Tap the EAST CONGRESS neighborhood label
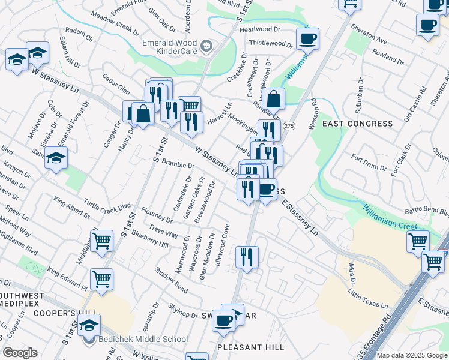pos(358,124)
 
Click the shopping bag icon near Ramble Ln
pos(273,99)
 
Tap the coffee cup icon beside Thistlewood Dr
pos(307,39)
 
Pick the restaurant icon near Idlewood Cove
pos(247,257)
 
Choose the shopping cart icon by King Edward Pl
pos(101,279)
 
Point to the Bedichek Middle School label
pos(142,340)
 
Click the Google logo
pos(19,353)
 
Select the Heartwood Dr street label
pos(260,29)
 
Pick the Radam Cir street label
pos(79,34)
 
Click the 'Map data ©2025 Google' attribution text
pos(412,355)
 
